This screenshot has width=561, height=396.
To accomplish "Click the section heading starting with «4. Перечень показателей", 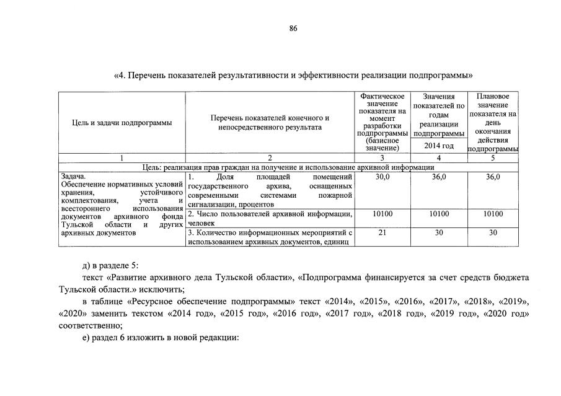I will (x=293, y=75).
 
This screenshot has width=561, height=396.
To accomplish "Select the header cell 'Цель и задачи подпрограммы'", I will (x=121, y=123).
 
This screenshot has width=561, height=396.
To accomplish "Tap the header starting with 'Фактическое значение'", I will (x=382, y=122).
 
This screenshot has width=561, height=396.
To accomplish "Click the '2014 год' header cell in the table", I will (x=438, y=146).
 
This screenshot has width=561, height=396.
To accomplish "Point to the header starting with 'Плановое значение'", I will (x=493, y=122).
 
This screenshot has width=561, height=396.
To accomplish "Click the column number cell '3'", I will (x=382, y=158).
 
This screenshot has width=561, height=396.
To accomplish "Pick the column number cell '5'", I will (x=493, y=158).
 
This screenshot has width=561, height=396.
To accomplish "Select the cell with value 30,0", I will (x=382, y=177).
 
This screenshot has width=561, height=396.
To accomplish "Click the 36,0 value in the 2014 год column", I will (x=438, y=177).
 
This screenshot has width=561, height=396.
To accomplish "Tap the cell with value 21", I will (x=382, y=232).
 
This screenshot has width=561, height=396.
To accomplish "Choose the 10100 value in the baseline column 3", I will (x=382, y=214).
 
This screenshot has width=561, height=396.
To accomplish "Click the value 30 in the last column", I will (x=493, y=232).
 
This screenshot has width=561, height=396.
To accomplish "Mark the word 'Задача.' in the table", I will (x=73, y=177).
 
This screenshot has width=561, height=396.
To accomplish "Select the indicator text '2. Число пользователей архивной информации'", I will (x=270, y=214).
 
